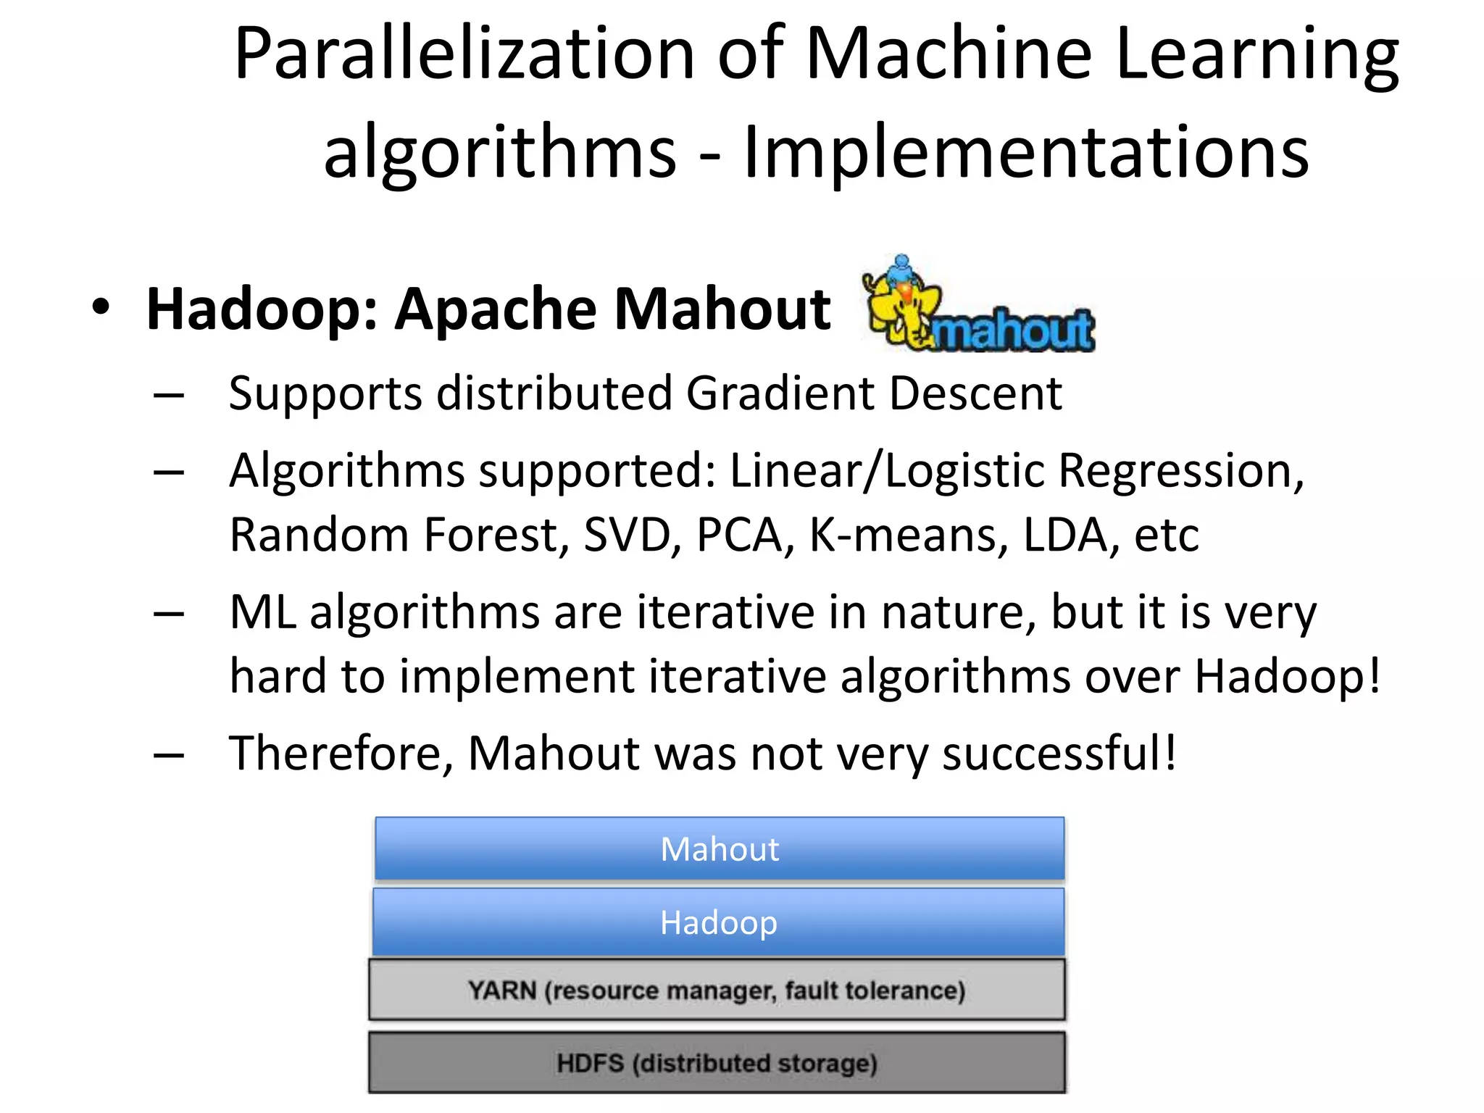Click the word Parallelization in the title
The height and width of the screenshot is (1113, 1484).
point(464,54)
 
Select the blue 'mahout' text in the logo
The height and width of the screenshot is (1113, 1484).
point(1014,332)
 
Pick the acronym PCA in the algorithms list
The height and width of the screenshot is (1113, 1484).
point(740,535)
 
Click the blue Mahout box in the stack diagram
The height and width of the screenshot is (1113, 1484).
point(719,849)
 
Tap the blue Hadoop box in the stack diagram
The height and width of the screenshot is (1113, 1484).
point(718,922)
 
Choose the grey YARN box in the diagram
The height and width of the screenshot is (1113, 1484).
point(717,990)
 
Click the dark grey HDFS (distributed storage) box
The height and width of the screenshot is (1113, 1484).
point(717,1063)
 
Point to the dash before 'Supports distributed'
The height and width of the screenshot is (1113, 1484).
point(169,396)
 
